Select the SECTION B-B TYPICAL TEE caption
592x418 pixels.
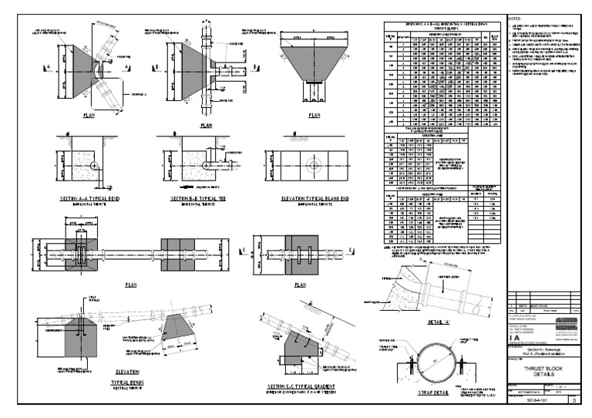click(x=195, y=198)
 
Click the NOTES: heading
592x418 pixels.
click(x=515, y=17)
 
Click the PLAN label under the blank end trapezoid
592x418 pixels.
click(x=314, y=116)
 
